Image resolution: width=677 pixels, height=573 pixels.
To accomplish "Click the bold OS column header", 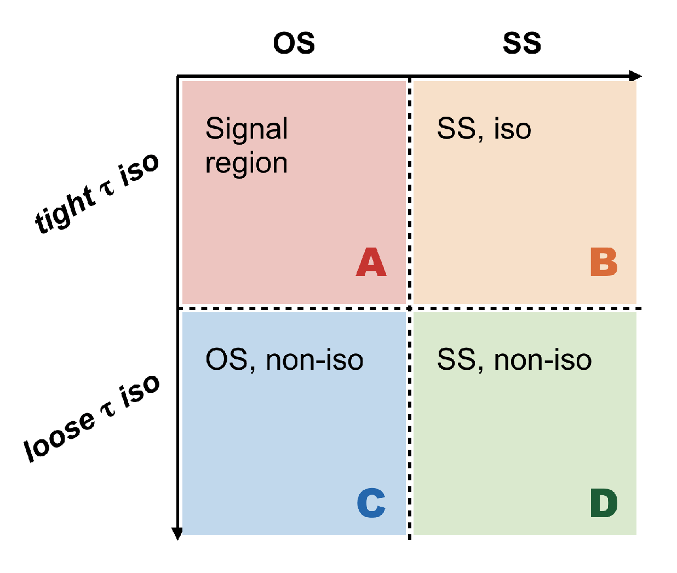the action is click(x=294, y=43).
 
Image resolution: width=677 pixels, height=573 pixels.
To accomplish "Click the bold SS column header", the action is click(x=522, y=43).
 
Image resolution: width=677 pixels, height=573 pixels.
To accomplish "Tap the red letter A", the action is click(x=371, y=262).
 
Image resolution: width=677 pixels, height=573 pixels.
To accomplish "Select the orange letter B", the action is click(x=604, y=262).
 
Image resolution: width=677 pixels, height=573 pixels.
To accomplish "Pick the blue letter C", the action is click(x=371, y=503).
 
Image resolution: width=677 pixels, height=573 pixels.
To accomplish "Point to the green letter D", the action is click(x=604, y=503).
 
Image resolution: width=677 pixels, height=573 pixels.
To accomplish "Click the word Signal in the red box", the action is click(x=246, y=129).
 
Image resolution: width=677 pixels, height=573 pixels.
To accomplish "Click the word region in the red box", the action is click(x=246, y=164).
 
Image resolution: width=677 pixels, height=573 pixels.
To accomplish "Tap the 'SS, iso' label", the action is click(x=484, y=129).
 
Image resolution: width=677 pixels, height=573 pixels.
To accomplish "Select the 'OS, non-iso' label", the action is click(x=284, y=360).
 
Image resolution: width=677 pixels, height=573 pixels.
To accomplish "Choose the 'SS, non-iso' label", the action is click(x=514, y=360).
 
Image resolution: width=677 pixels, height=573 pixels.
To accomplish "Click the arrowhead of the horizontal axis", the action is click(x=635, y=76).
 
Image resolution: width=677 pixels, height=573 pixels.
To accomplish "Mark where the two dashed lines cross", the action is click(x=409, y=308).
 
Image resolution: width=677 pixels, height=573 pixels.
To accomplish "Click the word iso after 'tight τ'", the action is click(x=139, y=170).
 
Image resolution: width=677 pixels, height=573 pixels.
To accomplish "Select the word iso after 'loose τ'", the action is click(x=140, y=392).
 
